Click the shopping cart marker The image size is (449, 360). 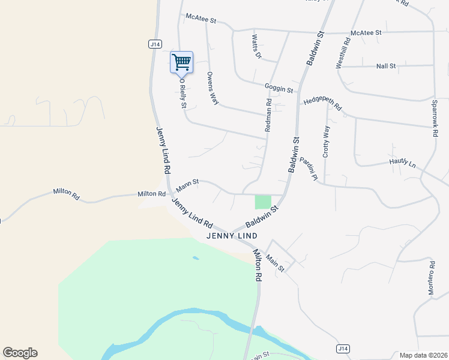coord(181,62)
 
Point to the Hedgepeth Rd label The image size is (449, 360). coord(322,104)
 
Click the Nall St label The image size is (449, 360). coord(386,66)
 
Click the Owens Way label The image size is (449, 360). coord(212,88)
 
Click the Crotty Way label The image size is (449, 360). coord(326,142)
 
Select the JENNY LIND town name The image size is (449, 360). coord(232,236)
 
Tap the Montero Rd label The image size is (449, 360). coord(431,278)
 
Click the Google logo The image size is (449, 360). coord(20,353)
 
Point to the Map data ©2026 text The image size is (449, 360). coord(423,355)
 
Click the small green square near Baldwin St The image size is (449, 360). coord(263,202)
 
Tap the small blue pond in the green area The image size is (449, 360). coord(196,259)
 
